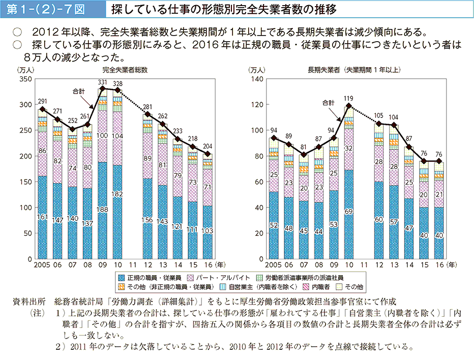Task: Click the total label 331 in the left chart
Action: click(x=102, y=82)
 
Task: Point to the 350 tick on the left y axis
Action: click(x=25, y=79)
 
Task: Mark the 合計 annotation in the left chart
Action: click(x=79, y=92)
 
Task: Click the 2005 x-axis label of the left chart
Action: click(x=43, y=264)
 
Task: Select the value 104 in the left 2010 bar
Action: click(x=117, y=136)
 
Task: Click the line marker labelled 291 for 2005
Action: click(x=43, y=109)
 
